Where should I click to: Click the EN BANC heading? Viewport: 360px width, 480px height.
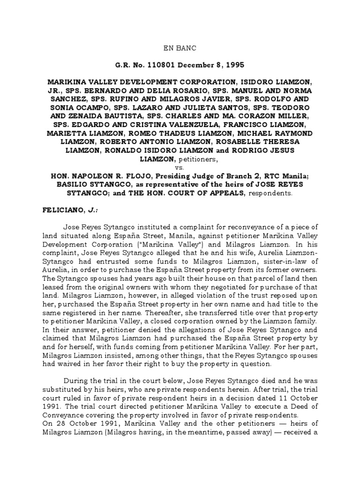pyautogui.click(x=180, y=48)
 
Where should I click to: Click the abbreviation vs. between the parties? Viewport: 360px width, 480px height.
pyautogui.click(x=180, y=167)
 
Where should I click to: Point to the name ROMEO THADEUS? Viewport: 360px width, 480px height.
pyautogui.click(x=178, y=133)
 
